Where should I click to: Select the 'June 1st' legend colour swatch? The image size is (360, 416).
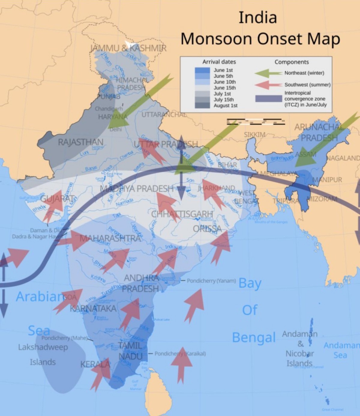pyautogui.click(x=202, y=70)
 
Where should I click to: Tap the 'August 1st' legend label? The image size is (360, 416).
pyautogui.click(x=225, y=106)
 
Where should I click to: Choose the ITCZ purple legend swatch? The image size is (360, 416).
pyautogui.click(x=268, y=99)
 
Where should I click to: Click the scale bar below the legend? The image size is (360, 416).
pyautogui.click(x=256, y=122)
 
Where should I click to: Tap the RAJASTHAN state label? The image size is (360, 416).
pyautogui.click(x=80, y=142)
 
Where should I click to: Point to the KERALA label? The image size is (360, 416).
pyautogui.click(x=95, y=364)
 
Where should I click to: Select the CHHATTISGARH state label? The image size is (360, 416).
pyautogui.click(x=182, y=214)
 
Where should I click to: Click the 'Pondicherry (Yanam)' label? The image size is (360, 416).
pyautogui.click(x=211, y=281)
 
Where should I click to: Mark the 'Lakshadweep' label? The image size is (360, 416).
pyautogui.click(x=43, y=347)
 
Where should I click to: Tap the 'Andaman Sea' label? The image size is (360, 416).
pyautogui.click(x=341, y=350)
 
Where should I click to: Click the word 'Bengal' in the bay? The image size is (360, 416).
pyautogui.click(x=254, y=338)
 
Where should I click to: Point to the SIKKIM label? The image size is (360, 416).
pyautogui.click(x=254, y=134)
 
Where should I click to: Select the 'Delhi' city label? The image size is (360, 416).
pyautogui.click(x=115, y=129)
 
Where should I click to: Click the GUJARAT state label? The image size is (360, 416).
pyautogui.click(x=57, y=198)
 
